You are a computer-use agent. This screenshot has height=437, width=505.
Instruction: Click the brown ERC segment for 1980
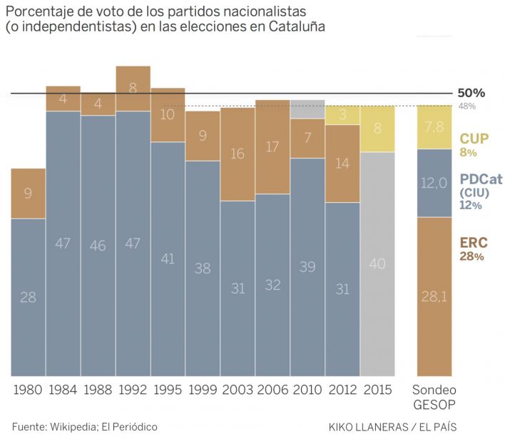[29, 193]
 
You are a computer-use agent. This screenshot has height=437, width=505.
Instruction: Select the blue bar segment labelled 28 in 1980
[29, 296]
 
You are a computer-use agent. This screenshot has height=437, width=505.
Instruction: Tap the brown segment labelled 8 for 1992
[133, 88]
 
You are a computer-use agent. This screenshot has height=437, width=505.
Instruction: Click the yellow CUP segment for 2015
[377, 129]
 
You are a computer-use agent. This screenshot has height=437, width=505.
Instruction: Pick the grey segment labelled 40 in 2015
[377, 263]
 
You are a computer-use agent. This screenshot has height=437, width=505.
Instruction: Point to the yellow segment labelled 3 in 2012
[342, 115]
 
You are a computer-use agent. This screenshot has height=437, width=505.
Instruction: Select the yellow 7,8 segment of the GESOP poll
[434, 126]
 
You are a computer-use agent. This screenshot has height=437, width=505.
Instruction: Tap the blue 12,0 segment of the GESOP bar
[434, 183]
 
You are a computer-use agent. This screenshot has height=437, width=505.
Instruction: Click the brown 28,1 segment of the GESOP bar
[434, 296]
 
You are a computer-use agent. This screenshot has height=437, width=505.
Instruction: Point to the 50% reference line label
[471, 93]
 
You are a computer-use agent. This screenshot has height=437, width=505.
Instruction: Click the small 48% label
[467, 106]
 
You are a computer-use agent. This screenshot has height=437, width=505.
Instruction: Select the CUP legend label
[474, 139]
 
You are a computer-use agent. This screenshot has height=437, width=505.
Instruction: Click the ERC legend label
[473, 243]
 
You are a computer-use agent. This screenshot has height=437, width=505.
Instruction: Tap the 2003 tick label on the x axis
[238, 390]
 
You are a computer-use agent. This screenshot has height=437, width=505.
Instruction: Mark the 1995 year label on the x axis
[168, 390]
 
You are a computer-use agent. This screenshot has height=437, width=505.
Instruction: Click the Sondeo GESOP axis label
[434, 397]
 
